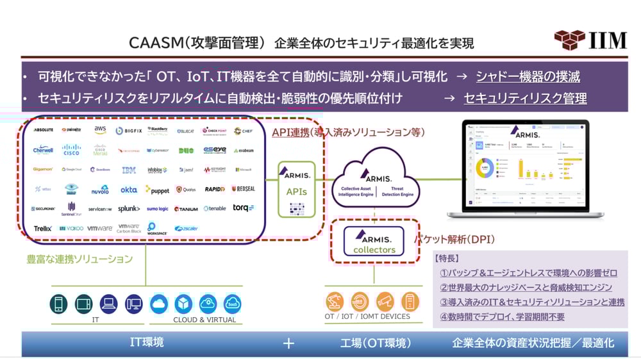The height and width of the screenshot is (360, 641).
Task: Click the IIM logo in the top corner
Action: point(590,40)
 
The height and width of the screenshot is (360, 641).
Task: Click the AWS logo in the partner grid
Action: point(100,130)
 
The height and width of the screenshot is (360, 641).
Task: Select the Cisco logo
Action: point(72,150)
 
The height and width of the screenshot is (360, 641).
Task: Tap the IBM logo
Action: point(129,170)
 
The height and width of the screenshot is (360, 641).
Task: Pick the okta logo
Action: point(129,190)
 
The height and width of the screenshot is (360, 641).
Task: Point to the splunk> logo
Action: point(129,209)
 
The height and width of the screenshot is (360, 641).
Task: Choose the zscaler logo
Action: point(186,228)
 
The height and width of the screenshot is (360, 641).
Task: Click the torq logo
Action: point(243,208)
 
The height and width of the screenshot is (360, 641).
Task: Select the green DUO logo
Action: point(186,151)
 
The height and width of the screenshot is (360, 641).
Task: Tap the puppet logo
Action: point(157,190)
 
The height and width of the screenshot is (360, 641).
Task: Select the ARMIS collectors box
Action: point(374,241)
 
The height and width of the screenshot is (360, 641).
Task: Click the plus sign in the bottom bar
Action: point(288,343)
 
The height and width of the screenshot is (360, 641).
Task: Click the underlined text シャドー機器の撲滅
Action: point(528,77)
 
